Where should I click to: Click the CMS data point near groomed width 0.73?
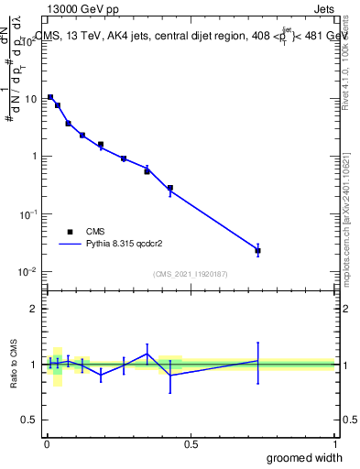coord(258,250)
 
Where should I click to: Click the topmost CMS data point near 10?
coord(50,96)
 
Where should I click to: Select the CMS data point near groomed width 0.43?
coord(170,188)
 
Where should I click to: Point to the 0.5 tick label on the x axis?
coord(191,443)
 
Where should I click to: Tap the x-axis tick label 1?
coord(334,443)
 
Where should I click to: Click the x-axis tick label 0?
coord(47,443)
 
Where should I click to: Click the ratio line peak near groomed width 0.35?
coord(147,354)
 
